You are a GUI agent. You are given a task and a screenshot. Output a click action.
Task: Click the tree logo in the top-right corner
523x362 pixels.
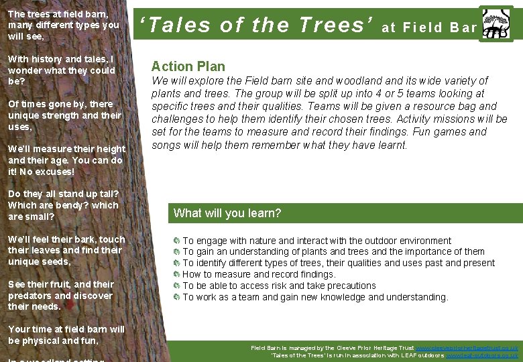pos(496,24)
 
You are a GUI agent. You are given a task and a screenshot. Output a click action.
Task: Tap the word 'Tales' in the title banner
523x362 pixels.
pos(178,25)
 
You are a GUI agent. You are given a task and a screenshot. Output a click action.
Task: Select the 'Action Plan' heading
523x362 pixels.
pos(188,66)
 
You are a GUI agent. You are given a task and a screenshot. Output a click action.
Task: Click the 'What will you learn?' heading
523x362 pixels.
pos(227,213)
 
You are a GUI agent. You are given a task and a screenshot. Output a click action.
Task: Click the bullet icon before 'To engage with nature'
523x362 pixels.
pos(176,241)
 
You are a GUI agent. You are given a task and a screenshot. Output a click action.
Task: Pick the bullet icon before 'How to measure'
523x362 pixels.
pos(176,274)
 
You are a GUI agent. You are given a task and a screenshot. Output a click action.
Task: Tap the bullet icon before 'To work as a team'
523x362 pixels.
pos(176,297)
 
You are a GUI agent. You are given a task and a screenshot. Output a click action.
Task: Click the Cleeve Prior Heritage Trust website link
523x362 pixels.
pos(467,348)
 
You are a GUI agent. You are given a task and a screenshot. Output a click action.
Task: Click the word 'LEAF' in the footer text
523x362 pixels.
pos(402,355)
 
